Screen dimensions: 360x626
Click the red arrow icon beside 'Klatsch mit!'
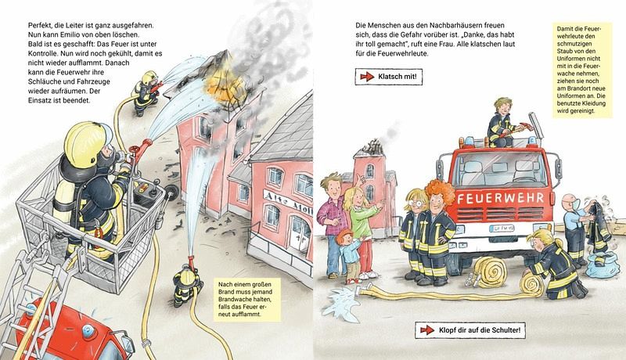365,77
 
